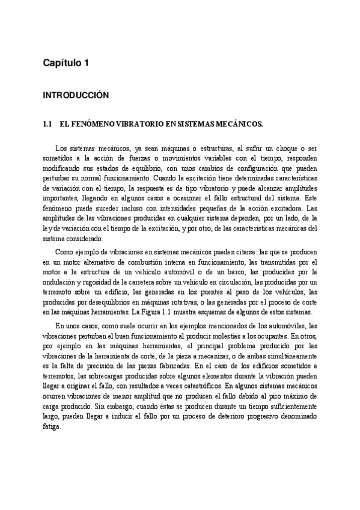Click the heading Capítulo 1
(x=66, y=63)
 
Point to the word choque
(x=282, y=148)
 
